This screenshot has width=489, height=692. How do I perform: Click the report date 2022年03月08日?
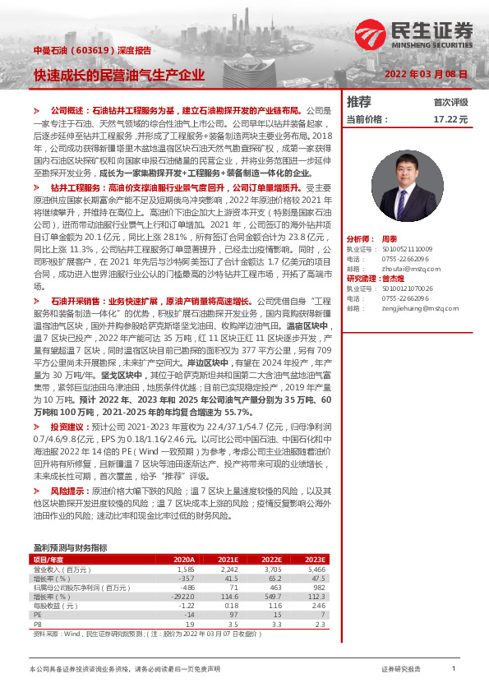coord(427,74)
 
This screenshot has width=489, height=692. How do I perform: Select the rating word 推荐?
coord(359,102)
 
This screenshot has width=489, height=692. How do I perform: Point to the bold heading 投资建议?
coord(66,428)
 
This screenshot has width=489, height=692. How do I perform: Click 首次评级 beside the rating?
coord(450,102)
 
